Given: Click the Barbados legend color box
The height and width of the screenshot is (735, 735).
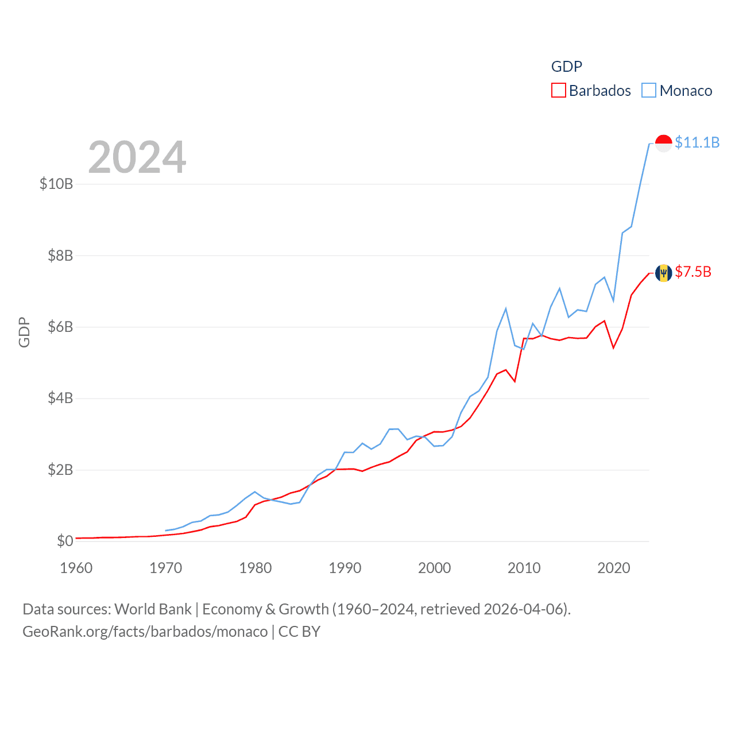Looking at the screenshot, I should coord(558,91).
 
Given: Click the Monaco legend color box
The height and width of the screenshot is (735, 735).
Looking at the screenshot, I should coord(649,91).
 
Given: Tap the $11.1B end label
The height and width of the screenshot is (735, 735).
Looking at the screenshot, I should coord(697,142).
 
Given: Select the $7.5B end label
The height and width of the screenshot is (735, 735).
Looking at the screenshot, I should coord(693,272).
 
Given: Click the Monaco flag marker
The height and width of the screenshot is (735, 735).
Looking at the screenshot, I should coord(663,143).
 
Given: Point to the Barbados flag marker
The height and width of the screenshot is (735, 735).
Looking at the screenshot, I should coord(663,273).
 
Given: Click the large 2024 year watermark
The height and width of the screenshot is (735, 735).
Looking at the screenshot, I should coord(137,157).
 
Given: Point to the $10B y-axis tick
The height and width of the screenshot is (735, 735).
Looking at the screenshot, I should coord(56,184).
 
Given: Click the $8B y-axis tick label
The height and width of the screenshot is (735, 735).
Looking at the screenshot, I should coord(60,256).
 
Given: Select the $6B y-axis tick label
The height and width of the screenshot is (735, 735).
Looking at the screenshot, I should coord(60,327).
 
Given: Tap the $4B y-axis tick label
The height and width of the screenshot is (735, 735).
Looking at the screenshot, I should coord(60,398).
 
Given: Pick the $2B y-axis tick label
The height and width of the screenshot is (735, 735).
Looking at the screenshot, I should coord(60,470).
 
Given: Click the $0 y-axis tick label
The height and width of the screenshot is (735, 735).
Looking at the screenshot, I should coord(65,541).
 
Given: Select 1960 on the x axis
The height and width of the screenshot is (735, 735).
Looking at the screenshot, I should coord(76,568).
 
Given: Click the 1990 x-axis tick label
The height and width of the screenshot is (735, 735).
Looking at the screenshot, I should coord(345,568).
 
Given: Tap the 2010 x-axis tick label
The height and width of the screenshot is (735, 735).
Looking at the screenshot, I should coord(524,568).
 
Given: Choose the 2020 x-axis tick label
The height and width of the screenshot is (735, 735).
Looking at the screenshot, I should coord(614,568).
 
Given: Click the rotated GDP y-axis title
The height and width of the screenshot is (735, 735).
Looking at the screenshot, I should coord(24,332).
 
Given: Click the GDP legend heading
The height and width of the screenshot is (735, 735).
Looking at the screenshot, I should coord(567,67).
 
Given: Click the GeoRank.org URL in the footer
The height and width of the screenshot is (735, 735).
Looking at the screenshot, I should coord(145,632).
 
